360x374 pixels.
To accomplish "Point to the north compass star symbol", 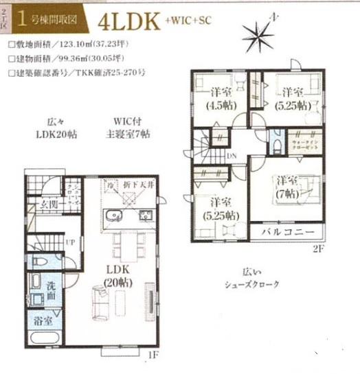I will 264,31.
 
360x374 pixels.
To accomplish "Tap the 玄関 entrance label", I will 48,203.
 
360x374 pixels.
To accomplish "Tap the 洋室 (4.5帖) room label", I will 220,99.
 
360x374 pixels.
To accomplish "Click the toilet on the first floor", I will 40,265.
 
